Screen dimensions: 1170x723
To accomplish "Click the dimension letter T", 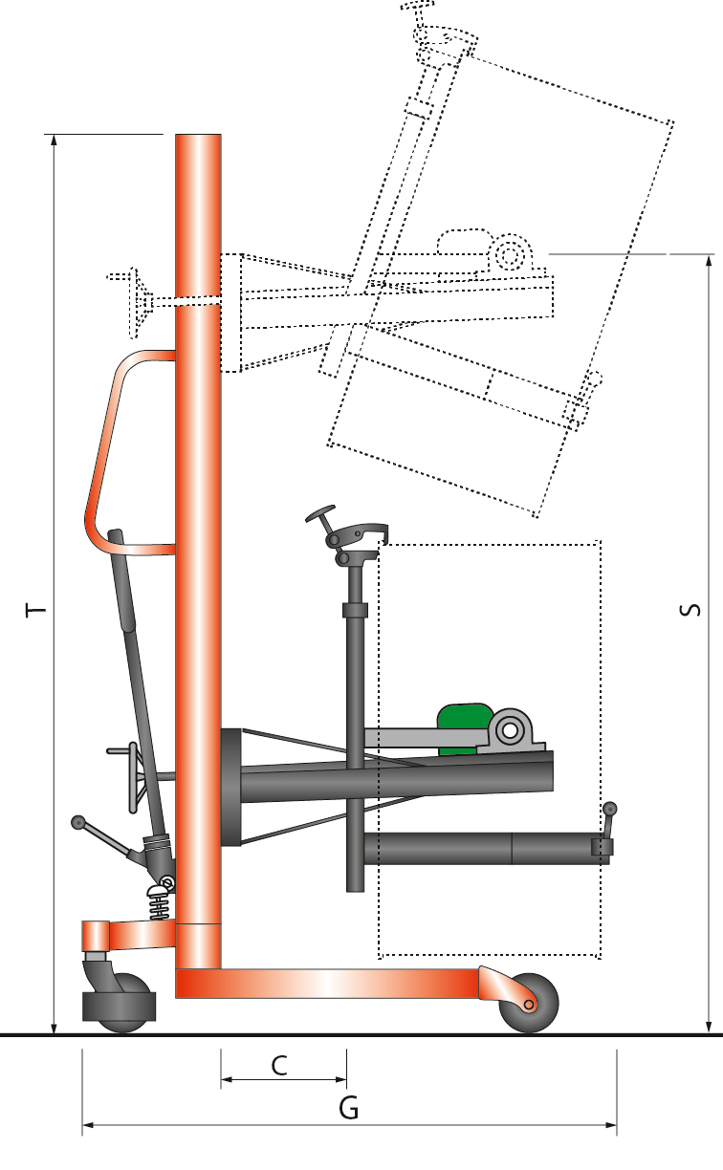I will [x=35, y=609].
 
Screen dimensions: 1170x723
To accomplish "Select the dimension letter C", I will [x=279, y=1065].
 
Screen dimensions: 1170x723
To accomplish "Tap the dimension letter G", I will [x=349, y=1109].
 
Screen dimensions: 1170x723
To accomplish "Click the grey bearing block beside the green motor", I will [x=512, y=732].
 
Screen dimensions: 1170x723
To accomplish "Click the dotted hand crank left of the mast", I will [x=134, y=301].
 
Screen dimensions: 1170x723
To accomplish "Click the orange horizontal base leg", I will [x=325, y=984].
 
